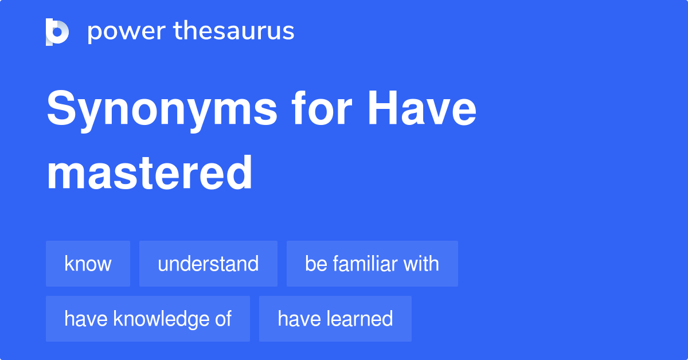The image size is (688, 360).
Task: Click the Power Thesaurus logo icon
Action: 57,32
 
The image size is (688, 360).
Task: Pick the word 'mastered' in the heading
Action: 150,173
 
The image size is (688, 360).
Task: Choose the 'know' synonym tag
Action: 88,264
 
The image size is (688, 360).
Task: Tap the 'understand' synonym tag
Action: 208,264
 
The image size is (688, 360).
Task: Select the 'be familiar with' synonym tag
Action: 372,264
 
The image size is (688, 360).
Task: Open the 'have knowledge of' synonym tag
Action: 148,319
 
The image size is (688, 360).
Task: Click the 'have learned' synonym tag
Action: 335,319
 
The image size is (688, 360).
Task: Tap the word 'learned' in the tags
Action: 359,319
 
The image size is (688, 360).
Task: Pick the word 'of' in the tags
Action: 223,319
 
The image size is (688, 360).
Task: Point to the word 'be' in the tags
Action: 315,264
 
